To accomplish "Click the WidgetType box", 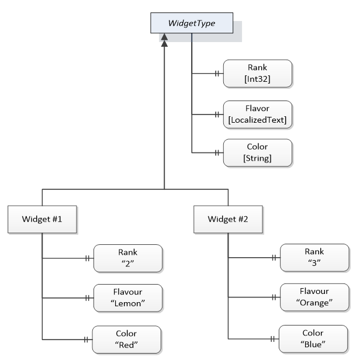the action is point(192,23).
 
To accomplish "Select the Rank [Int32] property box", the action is point(258,74).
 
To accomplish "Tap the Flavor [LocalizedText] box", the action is point(258,115).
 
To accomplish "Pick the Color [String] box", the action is point(258,153).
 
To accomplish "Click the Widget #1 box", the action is point(42,219).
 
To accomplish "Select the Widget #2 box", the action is point(228,219).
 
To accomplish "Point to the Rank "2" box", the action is point(128,258).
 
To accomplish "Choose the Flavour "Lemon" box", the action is point(128,298).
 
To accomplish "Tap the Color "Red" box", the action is point(126,340).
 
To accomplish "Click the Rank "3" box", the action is point(314,258).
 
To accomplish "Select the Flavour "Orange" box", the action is point(314,297).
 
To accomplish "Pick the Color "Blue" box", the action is point(313,339).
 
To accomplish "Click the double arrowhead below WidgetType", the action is point(164,40).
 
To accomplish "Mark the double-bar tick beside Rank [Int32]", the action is point(217,74).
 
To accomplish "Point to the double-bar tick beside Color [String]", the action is point(217,153).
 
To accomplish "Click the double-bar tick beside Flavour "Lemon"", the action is point(87,298).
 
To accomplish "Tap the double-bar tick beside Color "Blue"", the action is point(272,339).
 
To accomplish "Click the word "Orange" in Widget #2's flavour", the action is point(314,303).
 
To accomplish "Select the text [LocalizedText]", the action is point(257,120).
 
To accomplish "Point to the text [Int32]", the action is point(257,79).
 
